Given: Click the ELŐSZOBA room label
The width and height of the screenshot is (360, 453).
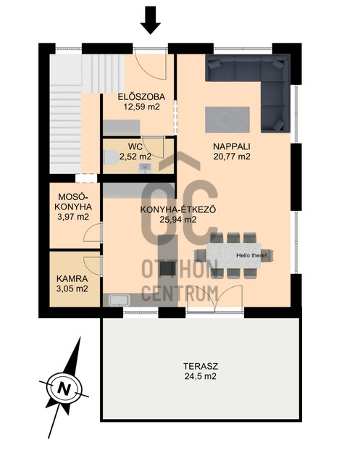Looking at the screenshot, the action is click(x=141, y=97).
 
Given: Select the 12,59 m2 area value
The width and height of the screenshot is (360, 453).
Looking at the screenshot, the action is click(x=141, y=107).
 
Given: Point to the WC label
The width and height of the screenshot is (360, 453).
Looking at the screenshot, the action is click(x=135, y=146).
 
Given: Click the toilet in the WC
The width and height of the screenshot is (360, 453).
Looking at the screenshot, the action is click(x=111, y=157).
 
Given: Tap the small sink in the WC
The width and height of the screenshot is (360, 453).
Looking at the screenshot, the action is click(x=144, y=168).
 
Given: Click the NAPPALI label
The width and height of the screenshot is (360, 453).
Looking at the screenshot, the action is click(x=232, y=146).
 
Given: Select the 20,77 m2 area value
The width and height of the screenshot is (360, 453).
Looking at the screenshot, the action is click(x=232, y=157).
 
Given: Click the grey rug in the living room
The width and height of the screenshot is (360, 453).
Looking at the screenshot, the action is click(x=227, y=120).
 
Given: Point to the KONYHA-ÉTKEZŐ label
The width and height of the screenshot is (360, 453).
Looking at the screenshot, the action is click(x=178, y=209).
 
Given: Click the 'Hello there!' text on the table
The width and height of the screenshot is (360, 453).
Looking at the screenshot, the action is click(x=251, y=255).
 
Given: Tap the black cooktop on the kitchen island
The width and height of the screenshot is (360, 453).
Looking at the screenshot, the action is click(x=168, y=269).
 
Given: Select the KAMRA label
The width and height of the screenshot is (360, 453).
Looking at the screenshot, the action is click(x=72, y=279).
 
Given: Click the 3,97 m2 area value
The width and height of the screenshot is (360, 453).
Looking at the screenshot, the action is click(x=73, y=217).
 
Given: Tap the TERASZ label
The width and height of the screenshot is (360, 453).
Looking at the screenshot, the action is click(x=201, y=366).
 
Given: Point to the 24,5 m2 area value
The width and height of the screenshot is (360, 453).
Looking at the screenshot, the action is click(x=201, y=376).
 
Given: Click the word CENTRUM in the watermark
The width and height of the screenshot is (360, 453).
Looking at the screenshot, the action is click(x=180, y=293).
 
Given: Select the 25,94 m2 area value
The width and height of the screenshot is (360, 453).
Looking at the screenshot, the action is click(x=178, y=220).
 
